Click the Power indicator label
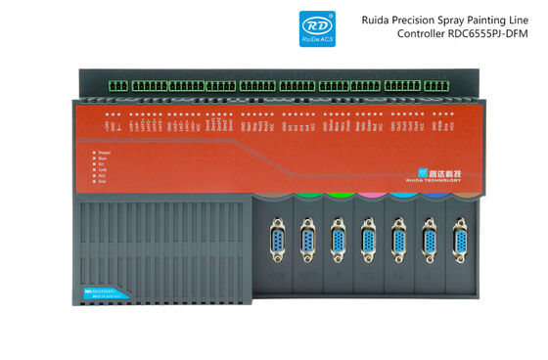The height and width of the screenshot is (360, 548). (105, 153)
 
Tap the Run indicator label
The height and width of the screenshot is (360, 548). (103, 161)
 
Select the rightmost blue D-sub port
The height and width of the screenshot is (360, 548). (458, 241)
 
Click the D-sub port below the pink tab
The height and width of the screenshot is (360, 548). (368, 241)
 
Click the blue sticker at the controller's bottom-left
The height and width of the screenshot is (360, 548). (100, 290)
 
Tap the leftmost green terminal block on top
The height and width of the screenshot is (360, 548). (117, 86)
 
